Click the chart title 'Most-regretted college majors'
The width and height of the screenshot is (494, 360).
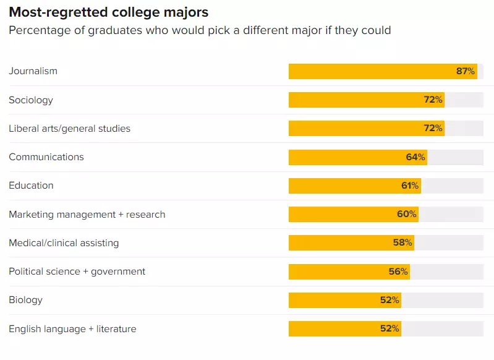tap(108, 12)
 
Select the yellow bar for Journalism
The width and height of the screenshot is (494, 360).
tap(371, 71)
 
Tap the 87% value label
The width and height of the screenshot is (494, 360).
tap(466, 71)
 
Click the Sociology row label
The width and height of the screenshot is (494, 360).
tap(31, 100)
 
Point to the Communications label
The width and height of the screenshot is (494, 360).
tap(46, 157)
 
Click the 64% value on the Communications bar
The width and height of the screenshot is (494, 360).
tap(415, 157)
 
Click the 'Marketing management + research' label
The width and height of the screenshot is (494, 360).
tap(87, 215)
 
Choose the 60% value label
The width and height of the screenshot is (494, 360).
tap(407, 215)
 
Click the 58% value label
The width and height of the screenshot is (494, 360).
tap(402, 243)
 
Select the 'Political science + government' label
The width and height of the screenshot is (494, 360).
tap(77, 272)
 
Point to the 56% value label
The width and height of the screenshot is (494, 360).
tap(398, 272)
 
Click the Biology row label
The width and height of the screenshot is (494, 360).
tap(26, 300)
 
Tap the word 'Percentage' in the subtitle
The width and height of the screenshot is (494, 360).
tap(39, 30)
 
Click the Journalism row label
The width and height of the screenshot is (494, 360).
tap(33, 71)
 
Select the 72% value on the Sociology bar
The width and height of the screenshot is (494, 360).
tap(433, 100)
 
